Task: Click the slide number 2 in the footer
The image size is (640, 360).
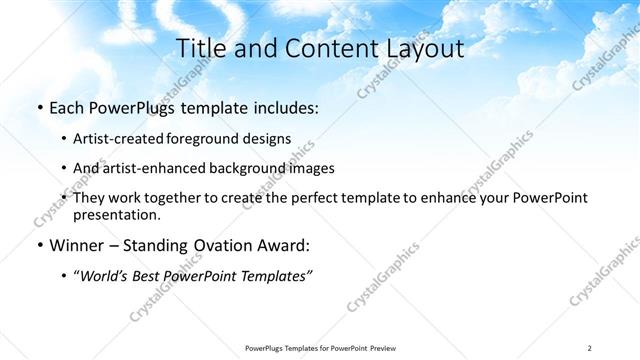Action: tap(590, 347)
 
